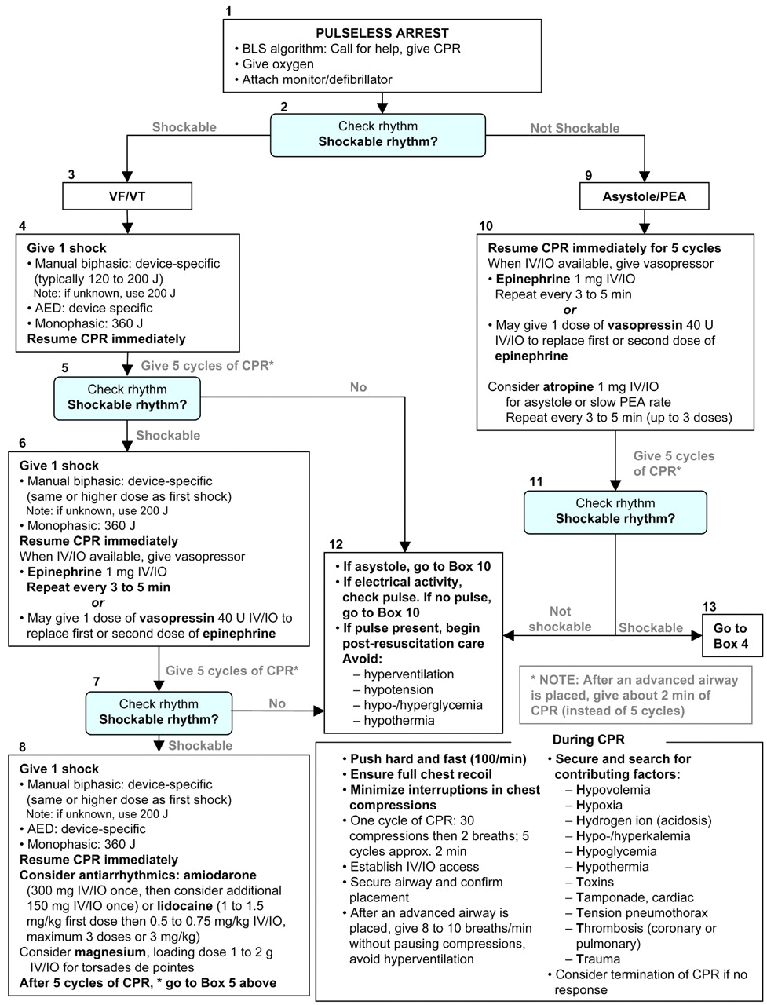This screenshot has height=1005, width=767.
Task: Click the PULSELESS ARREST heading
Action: click(x=382, y=33)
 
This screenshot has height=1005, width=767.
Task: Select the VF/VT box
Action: click(x=126, y=196)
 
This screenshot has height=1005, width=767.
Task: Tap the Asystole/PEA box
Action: click(x=645, y=196)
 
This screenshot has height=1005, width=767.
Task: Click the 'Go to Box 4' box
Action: click(x=731, y=636)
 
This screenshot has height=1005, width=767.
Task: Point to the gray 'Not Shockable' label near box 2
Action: click(x=575, y=128)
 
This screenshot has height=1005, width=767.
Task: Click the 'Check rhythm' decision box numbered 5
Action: click(x=126, y=397)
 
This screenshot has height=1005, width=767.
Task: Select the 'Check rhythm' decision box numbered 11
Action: click(x=615, y=511)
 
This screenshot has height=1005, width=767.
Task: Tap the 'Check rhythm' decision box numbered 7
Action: click(x=159, y=711)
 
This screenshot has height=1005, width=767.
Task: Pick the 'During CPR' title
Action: click(x=588, y=740)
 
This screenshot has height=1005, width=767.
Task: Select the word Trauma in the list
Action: click(x=598, y=959)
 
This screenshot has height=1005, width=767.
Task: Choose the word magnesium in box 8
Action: click(x=98, y=952)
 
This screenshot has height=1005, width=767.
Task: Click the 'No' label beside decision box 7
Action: click(x=277, y=703)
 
